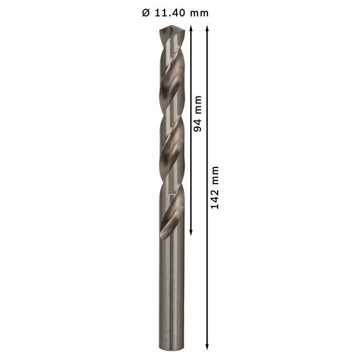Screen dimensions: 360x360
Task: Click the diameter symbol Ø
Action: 146,13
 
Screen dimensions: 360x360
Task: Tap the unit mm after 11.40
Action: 199,14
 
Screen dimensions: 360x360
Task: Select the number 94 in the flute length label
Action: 197,125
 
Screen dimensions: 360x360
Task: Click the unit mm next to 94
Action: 198,105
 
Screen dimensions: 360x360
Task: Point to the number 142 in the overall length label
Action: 215,199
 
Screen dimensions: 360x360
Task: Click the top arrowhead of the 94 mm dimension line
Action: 190,29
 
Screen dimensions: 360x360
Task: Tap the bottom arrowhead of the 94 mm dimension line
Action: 190,232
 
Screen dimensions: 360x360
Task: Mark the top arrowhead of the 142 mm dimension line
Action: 207,29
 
